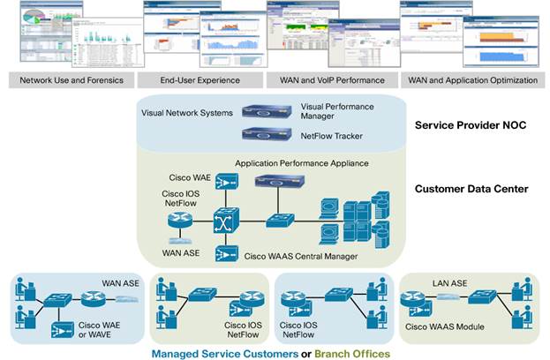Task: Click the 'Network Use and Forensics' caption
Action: pos(73,80)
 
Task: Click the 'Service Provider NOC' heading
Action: pos(471,125)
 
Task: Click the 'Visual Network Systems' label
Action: pos(186,113)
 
